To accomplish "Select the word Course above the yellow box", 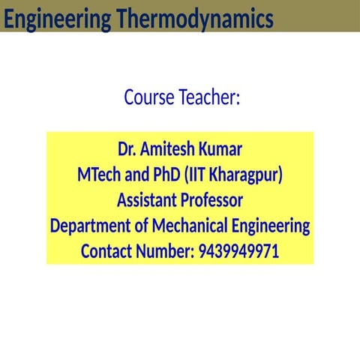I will (148, 97).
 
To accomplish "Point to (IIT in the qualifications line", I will (198, 175).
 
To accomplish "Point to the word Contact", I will (108, 251).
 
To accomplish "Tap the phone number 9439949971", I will (238, 251).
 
